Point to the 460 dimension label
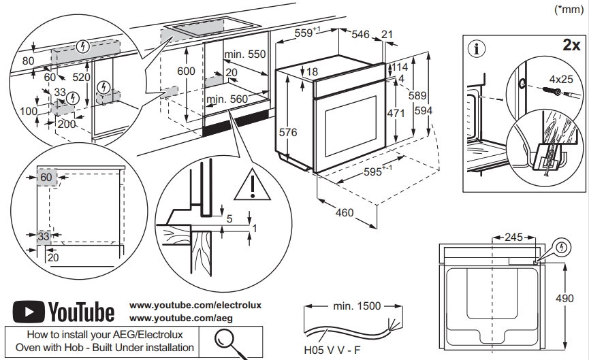point(345,212)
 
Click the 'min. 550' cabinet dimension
point(246,54)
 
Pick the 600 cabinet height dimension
point(186,71)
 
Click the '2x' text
point(570,46)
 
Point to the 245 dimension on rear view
point(514,238)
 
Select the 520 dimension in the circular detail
point(81,77)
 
